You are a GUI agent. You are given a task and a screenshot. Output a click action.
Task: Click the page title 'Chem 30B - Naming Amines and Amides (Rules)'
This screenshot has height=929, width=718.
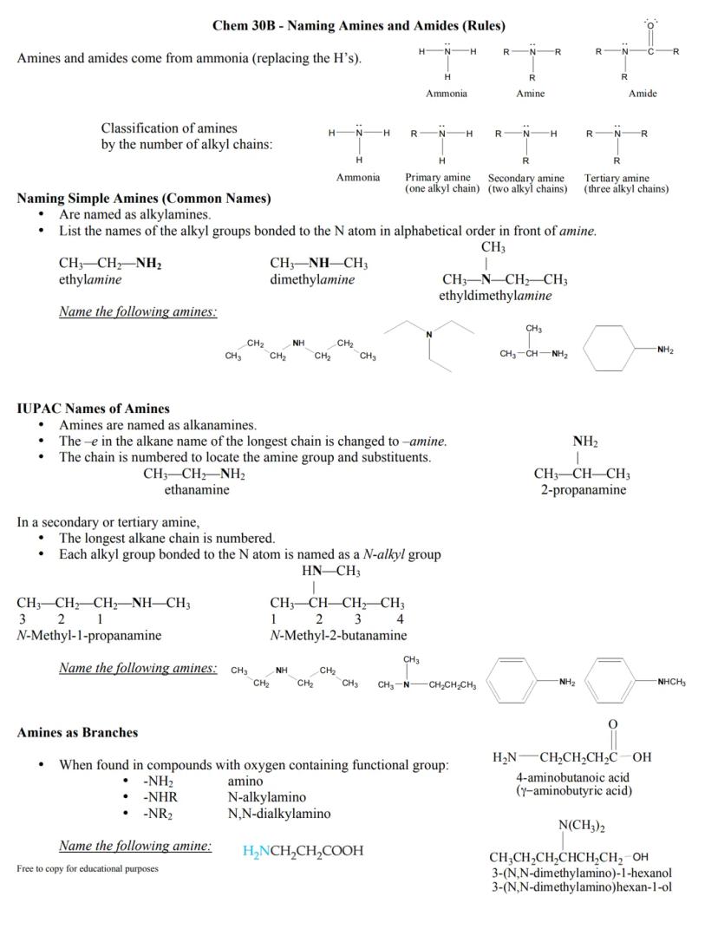[x=359, y=25]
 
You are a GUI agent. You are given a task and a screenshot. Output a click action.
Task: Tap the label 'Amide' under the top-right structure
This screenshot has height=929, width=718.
[x=643, y=94]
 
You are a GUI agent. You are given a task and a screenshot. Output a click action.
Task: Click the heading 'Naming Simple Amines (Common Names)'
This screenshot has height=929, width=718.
[x=144, y=199]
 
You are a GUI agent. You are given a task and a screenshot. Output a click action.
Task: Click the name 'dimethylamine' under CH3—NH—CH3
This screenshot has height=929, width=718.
[x=312, y=279]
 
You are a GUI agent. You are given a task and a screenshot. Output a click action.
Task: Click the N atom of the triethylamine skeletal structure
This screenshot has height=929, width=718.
[x=428, y=335]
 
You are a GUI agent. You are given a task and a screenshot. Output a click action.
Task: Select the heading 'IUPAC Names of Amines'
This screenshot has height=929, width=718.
[x=94, y=409]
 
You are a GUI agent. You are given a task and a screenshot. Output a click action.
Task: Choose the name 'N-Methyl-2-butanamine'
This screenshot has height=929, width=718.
[x=338, y=636]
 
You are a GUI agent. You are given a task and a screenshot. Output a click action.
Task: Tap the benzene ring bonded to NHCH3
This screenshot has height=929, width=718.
[x=617, y=683]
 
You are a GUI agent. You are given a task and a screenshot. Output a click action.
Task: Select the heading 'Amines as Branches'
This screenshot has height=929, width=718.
[x=77, y=733]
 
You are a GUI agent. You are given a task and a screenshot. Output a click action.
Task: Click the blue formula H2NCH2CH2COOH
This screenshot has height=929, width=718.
[x=303, y=851]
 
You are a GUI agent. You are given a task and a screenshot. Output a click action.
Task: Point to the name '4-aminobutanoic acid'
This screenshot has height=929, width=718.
[x=572, y=777]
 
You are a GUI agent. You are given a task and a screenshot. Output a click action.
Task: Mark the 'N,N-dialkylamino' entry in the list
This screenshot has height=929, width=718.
[x=278, y=814]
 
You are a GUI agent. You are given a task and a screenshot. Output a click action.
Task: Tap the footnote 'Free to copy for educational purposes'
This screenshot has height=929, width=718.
[x=88, y=868]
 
